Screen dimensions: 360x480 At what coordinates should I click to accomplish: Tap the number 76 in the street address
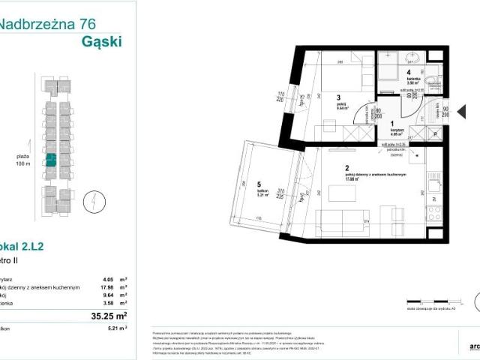coord(91,24)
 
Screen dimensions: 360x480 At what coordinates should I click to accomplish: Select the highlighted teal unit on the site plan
coord(52,160)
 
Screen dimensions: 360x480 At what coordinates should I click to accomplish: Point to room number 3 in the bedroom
coord(338,97)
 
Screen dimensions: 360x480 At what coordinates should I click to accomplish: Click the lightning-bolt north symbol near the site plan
coord(88,202)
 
